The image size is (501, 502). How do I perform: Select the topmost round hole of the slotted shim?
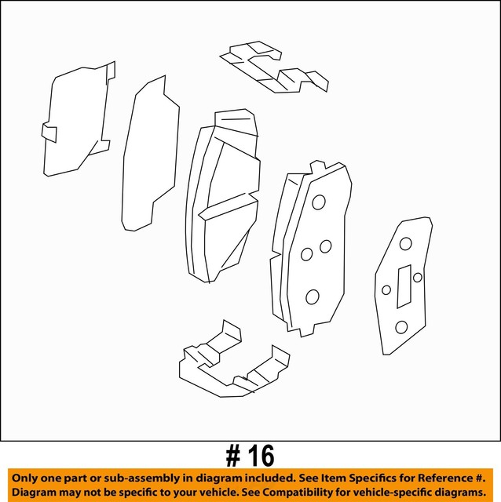point(405,244)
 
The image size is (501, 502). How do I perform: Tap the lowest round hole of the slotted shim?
point(401,326)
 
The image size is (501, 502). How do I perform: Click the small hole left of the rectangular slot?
point(386,289)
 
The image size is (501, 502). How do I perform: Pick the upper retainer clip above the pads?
point(275,69)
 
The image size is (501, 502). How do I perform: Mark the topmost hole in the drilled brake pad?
point(318,202)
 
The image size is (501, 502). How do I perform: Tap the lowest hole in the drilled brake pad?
point(312,296)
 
